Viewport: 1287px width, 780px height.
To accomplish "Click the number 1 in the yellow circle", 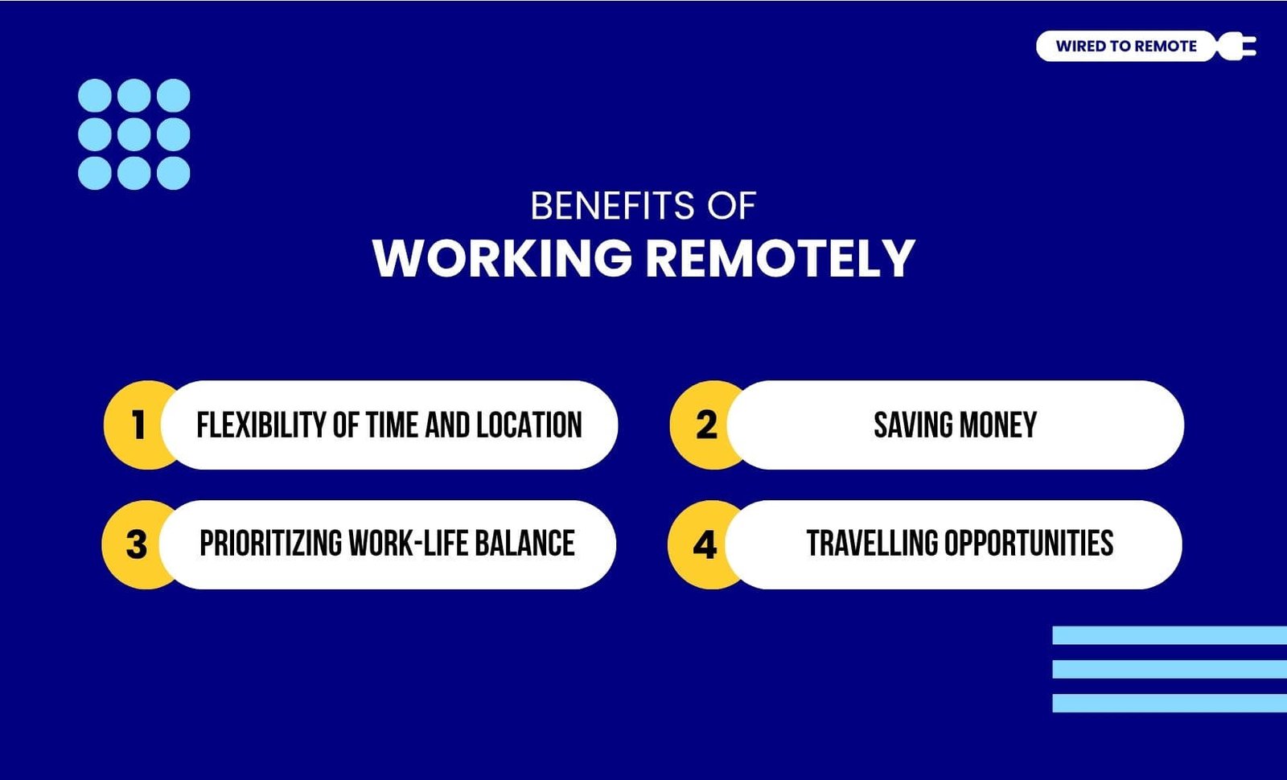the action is tap(138, 425).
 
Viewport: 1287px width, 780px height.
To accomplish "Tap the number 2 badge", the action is tap(706, 425).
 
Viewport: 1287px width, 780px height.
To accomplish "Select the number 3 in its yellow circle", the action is tap(136, 544).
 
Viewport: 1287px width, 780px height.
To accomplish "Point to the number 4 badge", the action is tap(705, 544).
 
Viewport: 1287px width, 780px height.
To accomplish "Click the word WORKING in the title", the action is tap(502, 258).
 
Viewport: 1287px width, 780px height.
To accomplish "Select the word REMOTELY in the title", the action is tap(780, 258).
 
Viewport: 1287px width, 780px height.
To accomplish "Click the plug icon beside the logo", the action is tap(1236, 46).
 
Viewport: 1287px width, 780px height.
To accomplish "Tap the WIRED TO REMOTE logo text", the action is tap(1126, 46).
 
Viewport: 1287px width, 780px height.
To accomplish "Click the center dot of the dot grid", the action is tap(134, 134).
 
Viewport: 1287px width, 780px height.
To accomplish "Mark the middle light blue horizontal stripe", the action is tap(1170, 669).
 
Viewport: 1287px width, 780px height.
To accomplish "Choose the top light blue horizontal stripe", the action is tap(1170, 635).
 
